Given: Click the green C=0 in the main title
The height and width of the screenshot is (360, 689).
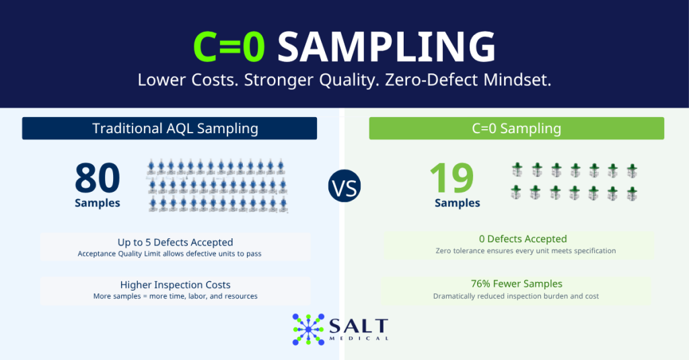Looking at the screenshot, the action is click(229, 46).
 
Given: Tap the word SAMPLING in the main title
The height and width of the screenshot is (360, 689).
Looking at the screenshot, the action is click(387, 46).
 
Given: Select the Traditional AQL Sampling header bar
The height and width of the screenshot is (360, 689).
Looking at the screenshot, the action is click(170, 129).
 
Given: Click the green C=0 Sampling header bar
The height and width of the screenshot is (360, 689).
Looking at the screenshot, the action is click(516, 129).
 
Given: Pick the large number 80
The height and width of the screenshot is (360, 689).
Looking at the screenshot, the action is click(97, 178).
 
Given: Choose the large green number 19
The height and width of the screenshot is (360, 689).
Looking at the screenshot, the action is click(451, 178).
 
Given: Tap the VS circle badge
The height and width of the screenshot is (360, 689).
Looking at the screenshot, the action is click(344, 186).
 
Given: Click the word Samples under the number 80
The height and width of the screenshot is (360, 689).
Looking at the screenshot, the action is click(97, 203).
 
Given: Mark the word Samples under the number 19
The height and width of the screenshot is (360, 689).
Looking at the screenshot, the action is click(457, 203).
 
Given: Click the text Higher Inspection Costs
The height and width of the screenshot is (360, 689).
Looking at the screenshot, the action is click(176, 285).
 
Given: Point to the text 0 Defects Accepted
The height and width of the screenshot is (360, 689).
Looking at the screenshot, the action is click(523, 239).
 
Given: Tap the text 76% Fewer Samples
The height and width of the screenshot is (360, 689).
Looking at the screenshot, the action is click(516, 284).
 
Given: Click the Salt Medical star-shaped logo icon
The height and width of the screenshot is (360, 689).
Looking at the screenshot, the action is click(308, 329).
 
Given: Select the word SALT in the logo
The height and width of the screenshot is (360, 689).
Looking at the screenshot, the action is click(359, 326).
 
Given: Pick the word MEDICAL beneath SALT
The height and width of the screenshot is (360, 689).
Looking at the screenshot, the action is click(359, 338).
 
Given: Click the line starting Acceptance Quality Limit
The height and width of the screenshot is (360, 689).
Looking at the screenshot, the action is click(170, 254).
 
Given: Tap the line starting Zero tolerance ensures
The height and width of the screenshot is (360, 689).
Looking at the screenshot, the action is click(525, 251).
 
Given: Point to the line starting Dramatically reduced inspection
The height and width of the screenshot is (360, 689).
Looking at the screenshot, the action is click(516, 296).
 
